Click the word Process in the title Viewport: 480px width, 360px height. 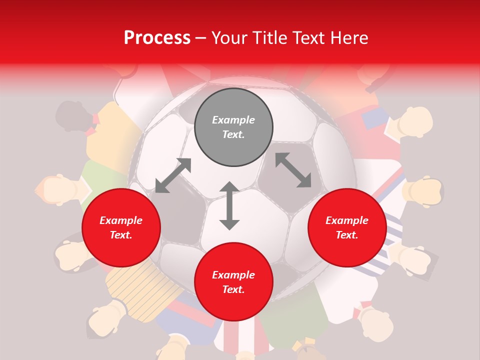pyautogui.click(x=157, y=38)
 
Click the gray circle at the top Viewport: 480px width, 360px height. pyautogui.click(x=233, y=127)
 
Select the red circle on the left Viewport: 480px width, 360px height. pyautogui.click(x=121, y=228)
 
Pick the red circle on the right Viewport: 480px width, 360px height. pyautogui.click(x=347, y=228)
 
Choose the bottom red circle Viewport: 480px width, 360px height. pyautogui.click(x=233, y=282)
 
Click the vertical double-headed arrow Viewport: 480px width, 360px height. pyautogui.click(x=229, y=205)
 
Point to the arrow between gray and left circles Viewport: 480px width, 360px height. pyautogui.click(x=173, y=175)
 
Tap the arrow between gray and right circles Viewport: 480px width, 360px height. pyautogui.click(x=293, y=170)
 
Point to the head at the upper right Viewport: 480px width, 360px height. pyautogui.click(x=415, y=121)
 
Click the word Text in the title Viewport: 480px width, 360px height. pyautogui.click(x=305, y=38)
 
